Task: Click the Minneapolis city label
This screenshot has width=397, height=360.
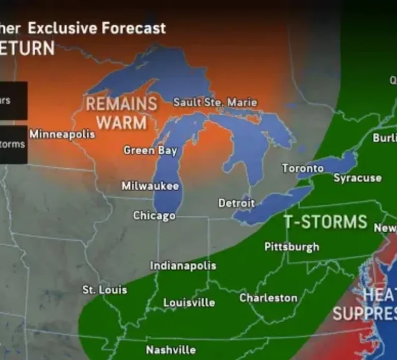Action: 62,134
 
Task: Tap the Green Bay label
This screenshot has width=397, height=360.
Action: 150,151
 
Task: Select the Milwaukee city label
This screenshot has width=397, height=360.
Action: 150,186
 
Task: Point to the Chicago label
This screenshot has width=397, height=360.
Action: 154,216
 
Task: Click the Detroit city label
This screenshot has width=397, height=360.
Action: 236,203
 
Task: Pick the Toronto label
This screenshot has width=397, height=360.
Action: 302,169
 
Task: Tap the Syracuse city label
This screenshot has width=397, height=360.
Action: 357,178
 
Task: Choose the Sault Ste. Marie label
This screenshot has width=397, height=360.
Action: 215,102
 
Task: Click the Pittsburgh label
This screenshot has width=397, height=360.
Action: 292,247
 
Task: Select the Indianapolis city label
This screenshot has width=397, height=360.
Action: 183,266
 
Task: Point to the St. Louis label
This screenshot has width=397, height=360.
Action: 104,290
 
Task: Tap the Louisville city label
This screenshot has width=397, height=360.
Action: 189,302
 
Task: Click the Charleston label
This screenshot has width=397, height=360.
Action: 268,298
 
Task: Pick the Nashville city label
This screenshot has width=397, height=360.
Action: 171,350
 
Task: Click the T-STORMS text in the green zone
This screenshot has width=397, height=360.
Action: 325,222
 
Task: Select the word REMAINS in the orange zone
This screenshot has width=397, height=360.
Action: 121,104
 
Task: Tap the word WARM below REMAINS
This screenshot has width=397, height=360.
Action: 121,123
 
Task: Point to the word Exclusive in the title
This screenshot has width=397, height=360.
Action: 58,27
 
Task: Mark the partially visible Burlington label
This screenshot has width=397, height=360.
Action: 384,138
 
